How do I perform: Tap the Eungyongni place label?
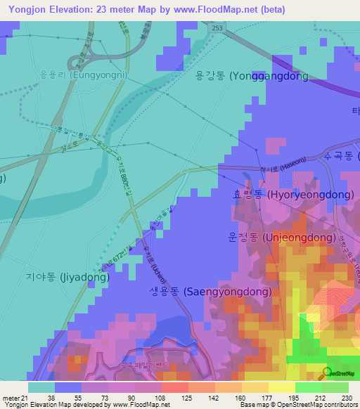click(x=75, y=72)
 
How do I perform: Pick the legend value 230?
click(x=346, y=397)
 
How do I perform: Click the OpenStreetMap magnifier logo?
click(x=327, y=372)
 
